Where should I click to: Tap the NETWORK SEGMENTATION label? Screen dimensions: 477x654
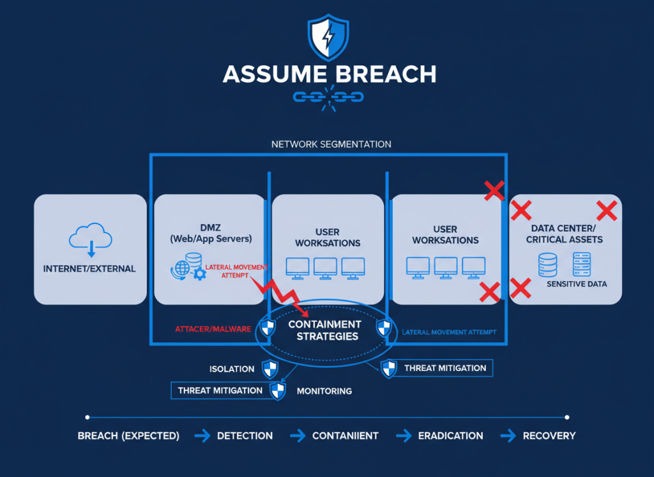[331, 144]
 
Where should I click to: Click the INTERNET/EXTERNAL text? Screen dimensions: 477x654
[89, 269]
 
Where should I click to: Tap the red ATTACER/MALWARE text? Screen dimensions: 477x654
[213, 330]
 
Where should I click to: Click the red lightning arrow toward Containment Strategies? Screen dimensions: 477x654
[282, 294]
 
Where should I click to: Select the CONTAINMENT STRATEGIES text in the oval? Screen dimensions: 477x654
[324, 330]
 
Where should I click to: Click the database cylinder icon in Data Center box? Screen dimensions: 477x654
[547, 264]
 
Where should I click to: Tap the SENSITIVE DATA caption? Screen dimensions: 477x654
[577, 284]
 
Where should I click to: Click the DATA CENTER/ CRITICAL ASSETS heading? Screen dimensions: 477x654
[565, 234]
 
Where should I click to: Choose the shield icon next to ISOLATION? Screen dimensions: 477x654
[271, 368]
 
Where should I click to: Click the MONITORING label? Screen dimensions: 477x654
[324, 391]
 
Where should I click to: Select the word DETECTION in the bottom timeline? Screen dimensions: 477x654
[245, 435]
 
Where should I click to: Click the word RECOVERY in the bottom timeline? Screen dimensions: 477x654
[549, 435]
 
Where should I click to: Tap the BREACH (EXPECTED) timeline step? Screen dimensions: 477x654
[128, 435]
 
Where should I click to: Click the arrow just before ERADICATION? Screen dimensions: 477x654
[403, 435]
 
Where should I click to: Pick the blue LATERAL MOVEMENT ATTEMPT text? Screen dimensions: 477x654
[449, 333]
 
